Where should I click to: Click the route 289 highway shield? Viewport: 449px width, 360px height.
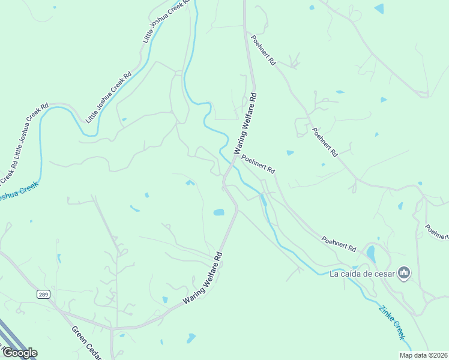pyautogui.click(x=43, y=294)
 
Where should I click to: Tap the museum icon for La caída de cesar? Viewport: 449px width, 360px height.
pyautogui.click(x=404, y=274)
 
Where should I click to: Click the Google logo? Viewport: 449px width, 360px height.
pyautogui.click(x=19, y=353)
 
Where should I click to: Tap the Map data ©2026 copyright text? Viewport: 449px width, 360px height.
pyautogui.click(x=423, y=355)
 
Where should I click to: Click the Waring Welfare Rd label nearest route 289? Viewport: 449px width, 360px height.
pyautogui.click(x=203, y=277)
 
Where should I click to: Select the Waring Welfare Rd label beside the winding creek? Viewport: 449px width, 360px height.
pyautogui.click(x=246, y=122)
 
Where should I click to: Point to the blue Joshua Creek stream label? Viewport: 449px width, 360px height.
pyautogui.click(x=18, y=191)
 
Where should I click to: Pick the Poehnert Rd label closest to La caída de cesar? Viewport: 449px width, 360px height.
pyautogui.click(x=339, y=244)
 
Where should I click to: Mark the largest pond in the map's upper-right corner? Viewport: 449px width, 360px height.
pyautogui.click(x=379, y=8)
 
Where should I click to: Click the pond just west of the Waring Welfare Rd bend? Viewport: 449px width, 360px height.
pyautogui.click(x=218, y=212)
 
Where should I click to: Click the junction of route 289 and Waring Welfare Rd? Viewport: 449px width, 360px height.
pyautogui.click(x=112, y=328)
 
